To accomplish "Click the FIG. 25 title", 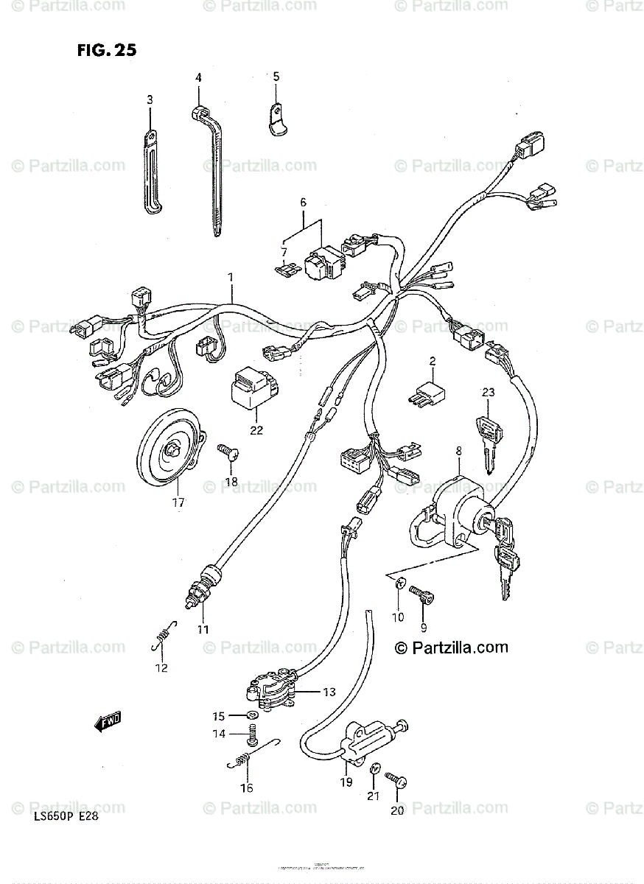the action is click(x=106, y=51).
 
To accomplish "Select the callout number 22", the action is click(x=256, y=430).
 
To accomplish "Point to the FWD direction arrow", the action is click(x=108, y=722).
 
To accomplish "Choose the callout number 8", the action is click(x=458, y=450).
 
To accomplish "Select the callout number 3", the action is click(x=150, y=99).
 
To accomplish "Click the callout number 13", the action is click(x=329, y=692).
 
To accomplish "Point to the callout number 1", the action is click(x=230, y=277).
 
